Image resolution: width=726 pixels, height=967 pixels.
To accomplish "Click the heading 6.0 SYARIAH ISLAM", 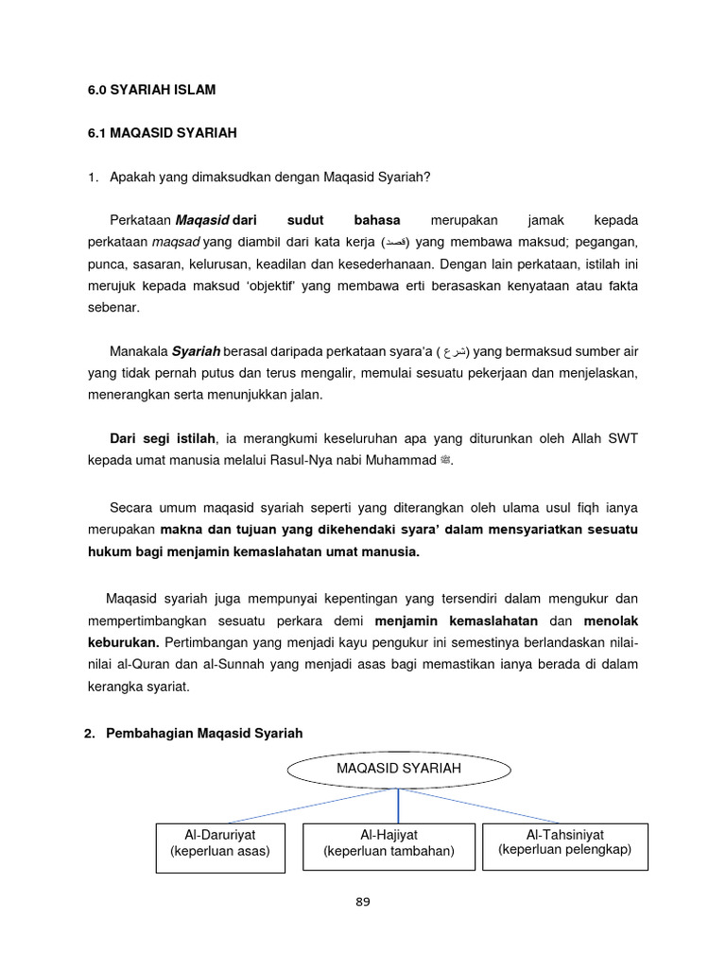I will point(151,90).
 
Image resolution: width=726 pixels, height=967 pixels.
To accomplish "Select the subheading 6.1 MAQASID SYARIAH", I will point(162,133).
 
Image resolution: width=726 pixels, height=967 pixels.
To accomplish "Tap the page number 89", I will point(363,901).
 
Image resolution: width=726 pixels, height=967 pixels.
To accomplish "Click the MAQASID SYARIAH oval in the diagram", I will point(398,769).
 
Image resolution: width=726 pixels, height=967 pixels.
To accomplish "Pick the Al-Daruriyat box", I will point(220,847).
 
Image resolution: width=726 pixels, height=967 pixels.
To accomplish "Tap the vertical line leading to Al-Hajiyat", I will point(398,806).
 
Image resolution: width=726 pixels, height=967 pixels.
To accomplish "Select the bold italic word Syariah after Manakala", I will point(196,351).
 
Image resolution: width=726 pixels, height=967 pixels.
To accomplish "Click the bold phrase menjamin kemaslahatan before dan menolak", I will point(457,620).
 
